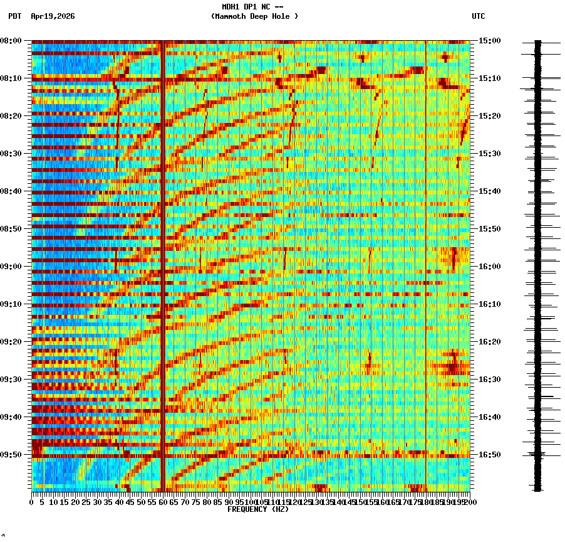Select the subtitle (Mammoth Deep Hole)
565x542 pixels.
[254, 16]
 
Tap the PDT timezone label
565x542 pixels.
[14, 16]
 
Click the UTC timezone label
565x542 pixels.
[478, 16]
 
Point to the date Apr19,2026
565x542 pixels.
[53, 16]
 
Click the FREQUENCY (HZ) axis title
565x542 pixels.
[257, 509]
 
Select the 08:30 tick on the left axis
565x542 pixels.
[11, 154]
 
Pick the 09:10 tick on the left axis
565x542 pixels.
[11, 304]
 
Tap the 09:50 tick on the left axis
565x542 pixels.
[11, 455]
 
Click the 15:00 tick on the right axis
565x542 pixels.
[489, 41]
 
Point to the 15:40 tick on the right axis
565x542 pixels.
[489, 191]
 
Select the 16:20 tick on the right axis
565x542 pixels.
[489, 342]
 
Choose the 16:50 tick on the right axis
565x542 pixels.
[489, 455]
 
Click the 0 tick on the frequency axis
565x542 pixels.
[32, 502]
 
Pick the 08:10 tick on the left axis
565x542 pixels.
[11, 78]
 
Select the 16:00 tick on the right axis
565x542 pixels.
[489, 267]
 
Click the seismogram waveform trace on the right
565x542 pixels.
[537, 263]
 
